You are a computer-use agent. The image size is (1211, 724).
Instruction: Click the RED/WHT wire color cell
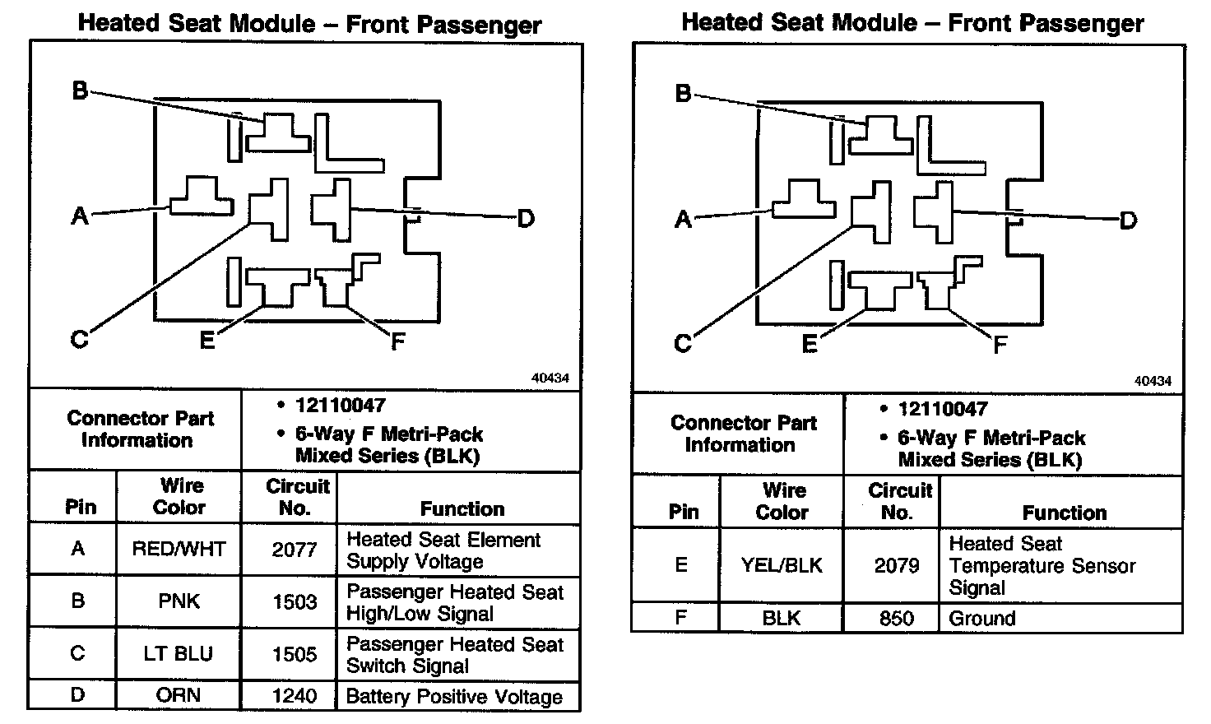pos(179,549)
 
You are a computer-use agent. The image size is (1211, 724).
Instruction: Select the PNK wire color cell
pos(179,601)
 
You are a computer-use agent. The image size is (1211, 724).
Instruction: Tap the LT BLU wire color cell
pos(179,654)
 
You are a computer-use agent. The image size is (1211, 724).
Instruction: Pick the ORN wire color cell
pos(179,695)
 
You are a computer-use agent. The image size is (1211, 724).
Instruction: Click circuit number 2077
pos(294,549)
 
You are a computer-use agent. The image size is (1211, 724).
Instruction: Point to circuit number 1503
pos(294,601)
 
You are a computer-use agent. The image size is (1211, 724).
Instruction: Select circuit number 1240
pos(294,695)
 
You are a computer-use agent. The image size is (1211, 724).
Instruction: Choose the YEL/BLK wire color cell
pos(781,565)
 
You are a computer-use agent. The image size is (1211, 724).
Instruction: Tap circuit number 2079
pos(896,565)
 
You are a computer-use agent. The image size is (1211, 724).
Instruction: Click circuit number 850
pos(896,618)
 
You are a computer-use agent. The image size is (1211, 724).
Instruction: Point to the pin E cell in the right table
pos(681,565)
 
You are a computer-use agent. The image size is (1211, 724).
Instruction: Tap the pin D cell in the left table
pos(77,695)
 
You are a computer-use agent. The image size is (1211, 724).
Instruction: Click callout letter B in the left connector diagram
pos(80,90)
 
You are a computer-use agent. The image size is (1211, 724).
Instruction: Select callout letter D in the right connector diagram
pos(1128,220)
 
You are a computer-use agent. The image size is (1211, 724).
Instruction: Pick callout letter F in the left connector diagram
pos(398,341)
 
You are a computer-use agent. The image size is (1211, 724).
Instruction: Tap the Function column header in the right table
pos(1064,513)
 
